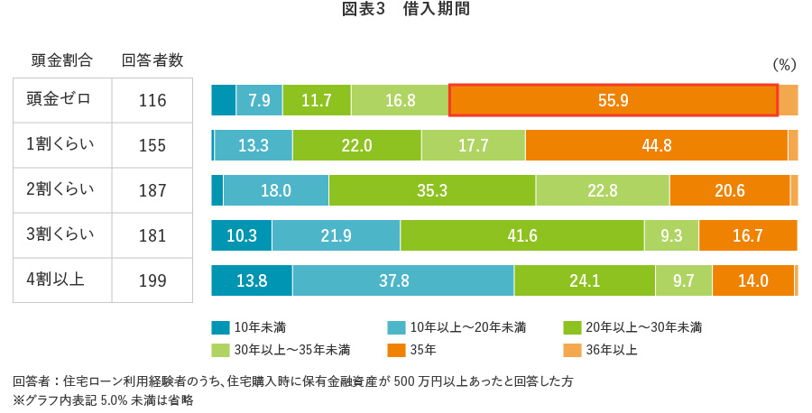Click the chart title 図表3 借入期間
[405, 11]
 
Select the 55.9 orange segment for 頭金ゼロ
[613, 100]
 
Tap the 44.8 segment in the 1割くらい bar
[656, 145]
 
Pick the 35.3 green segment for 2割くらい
[432, 190]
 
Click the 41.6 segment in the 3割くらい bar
[521, 235]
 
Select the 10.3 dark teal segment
[241, 235]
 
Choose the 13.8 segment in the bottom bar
[251, 280]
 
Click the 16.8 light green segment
[400, 100]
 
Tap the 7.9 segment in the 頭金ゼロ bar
[259, 100]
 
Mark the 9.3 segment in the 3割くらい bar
[671, 235]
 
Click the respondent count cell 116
[152, 100]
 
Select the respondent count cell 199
[152, 280]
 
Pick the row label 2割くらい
[61, 189]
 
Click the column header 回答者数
[152, 60]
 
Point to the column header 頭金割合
[61, 60]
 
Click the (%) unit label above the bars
[784, 65]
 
